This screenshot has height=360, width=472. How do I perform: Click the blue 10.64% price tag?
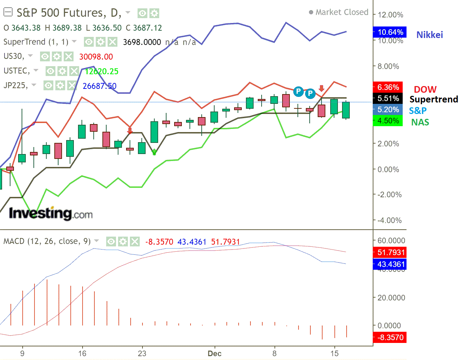pos(389,32)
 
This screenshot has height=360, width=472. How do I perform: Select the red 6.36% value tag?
pos(388,87)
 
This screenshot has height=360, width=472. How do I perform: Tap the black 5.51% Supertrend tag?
pos(388,99)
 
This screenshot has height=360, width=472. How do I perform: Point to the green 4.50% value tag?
pos(388,121)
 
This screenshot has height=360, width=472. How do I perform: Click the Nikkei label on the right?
pos(430,35)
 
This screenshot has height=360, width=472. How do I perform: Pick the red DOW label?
pos(425,90)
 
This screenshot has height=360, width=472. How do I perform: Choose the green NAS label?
pos(420,122)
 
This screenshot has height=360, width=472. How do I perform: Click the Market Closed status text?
pos(341,12)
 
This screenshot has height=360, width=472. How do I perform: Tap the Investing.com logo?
pos(51,213)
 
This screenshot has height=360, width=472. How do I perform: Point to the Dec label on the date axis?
pos(215,353)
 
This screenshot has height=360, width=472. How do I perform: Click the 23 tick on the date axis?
pos(142,353)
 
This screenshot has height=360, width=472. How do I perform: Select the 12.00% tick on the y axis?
pos(390,15)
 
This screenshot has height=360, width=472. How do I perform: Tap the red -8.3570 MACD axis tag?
pos(389,337)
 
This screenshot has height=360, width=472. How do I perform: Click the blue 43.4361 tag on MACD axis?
pos(389,264)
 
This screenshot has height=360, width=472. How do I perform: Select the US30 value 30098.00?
pos(96,57)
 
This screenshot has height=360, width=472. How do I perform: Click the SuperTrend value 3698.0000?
pos(142,43)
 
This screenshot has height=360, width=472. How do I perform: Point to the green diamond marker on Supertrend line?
pos(154,152)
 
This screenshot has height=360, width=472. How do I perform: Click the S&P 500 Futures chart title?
pos(69,13)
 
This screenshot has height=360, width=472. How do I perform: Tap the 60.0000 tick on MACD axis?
pos(391,240)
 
